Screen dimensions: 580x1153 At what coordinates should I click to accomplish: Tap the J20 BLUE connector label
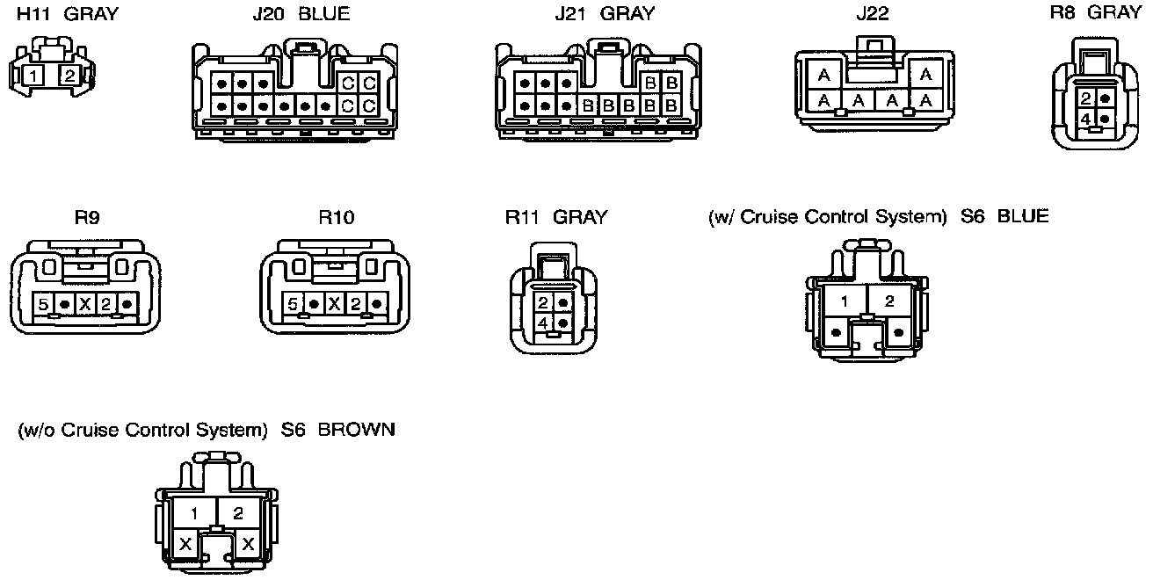click(300, 14)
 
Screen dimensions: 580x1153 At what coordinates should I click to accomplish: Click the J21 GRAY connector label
click(605, 14)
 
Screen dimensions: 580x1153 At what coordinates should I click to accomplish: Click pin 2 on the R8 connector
click(1086, 98)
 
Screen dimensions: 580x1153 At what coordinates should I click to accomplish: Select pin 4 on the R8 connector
click(1086, 118)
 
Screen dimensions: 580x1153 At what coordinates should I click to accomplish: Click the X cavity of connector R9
click(85, 304)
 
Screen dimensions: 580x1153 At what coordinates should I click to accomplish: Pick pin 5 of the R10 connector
click(294, 304)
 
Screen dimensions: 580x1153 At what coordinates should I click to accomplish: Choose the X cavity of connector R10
click(335, 304)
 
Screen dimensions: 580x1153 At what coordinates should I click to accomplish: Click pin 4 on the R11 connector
click(544, 324)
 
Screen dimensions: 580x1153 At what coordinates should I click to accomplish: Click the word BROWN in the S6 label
click(356, 431)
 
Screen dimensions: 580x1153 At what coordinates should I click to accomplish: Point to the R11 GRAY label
click(555, 217)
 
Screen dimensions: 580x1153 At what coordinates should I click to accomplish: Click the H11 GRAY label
click(68, 14)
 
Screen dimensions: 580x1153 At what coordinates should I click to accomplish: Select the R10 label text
click(337, 217)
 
